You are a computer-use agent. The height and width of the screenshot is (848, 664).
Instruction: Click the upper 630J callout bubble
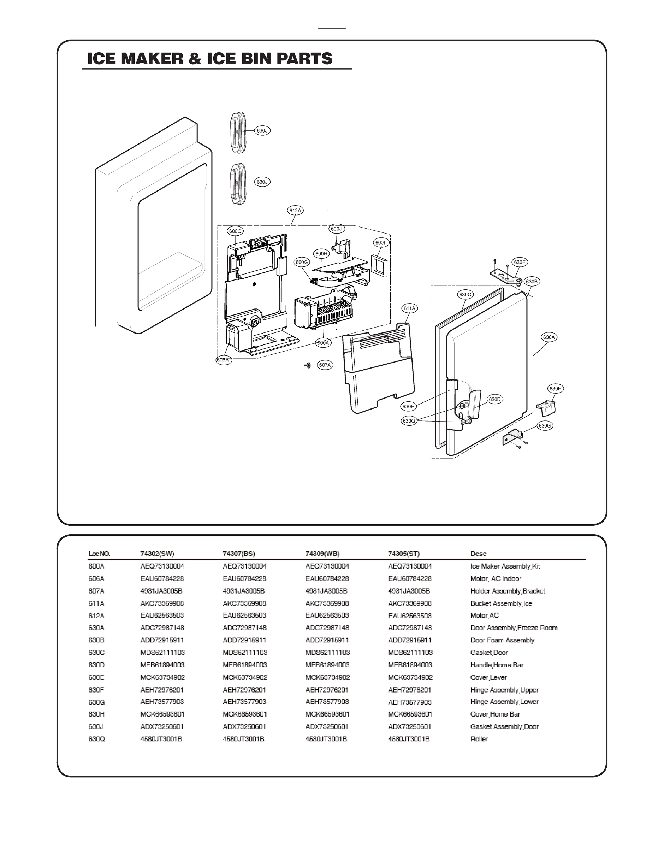click(x=262, y=131)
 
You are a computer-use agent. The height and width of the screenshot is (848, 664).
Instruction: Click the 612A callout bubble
click(x=296, y=210)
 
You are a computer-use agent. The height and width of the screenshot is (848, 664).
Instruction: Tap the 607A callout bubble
click(x=325, y=365)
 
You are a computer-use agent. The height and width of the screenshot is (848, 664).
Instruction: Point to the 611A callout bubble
click(x=410, y=308)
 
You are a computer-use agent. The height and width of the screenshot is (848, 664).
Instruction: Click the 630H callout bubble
click(x=556, y=388)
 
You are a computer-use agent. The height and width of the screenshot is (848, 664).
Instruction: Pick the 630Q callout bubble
click(x=409, y=421)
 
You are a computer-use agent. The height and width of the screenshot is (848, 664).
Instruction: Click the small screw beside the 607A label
click(x=308, y=365)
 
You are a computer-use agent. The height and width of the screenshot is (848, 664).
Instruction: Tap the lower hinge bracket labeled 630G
click(x=513, y=437)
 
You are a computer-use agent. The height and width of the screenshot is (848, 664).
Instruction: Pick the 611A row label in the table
click(x=96, y=603)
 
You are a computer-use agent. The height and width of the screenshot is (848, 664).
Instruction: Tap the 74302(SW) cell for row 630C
click(x=162, y=652)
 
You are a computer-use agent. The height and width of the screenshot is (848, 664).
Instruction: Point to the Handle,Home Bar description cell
click(x=497, y=665)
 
